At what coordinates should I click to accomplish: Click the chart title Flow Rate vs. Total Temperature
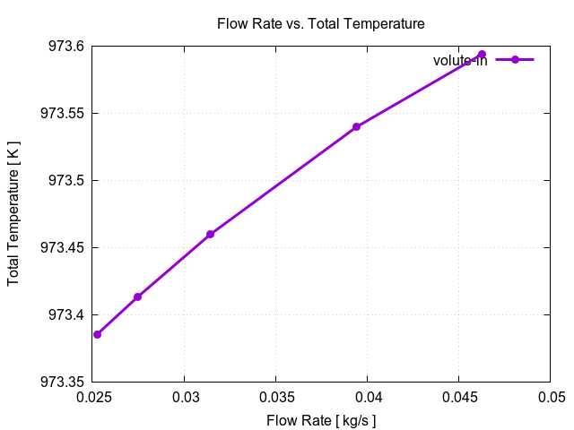click(x=320, y=23)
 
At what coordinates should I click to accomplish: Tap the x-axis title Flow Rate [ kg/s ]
click(x=320, y=419)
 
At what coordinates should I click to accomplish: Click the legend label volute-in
click(x=460, y=60)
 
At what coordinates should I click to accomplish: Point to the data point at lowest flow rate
click(x=97, y=334)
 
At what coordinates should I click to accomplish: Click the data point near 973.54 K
click(x=356, y=126)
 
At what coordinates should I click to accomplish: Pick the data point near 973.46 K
click(x=210, y=234)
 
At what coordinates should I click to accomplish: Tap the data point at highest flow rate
click(x=482, y=55)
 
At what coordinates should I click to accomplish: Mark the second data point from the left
click(x=137, y=297)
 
